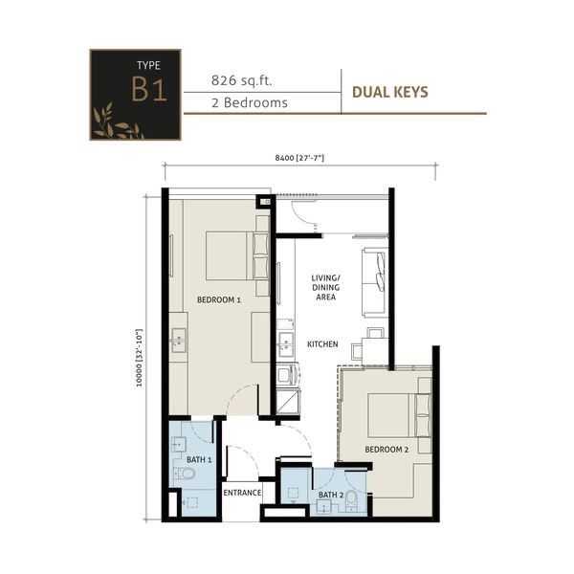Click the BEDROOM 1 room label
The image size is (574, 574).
218,299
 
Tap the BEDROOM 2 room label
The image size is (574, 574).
386,450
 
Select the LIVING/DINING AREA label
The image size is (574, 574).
325,287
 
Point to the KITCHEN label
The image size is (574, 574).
322,344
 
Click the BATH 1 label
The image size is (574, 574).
199,460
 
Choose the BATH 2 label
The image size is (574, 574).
331,495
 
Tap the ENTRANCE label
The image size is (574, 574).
242,493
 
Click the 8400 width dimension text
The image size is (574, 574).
299,158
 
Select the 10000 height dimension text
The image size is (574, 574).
139,358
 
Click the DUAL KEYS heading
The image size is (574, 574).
390,92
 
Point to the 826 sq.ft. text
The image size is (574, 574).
242,80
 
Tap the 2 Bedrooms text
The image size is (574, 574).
250,102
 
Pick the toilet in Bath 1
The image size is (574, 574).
184,475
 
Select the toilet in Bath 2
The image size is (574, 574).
351,500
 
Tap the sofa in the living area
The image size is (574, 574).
375,282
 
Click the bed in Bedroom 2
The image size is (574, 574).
399,415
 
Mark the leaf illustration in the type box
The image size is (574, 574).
117,122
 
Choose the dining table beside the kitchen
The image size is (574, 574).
375,351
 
